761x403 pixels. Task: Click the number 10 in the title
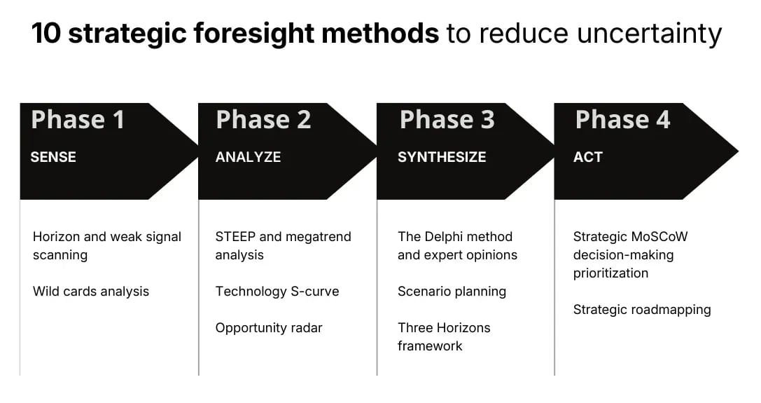pyautogui.click(x=46, y=33)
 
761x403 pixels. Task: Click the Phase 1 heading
pyautogui.click(x=78, y=120)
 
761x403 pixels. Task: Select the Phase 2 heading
pyautogui.click(x=263, y=120)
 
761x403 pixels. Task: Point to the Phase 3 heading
pyautogui.click(x=447, y=120)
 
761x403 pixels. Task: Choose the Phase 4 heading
pyautogui.click(x=622, y=120)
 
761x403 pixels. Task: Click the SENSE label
pyautogui.click(x=53, y=157)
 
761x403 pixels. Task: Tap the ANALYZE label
pyautogui.click(x=248, y=157)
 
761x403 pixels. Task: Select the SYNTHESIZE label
pyautogui.click(x=442, y=157)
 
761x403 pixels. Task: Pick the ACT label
pyautogui.click(x=587, y=157)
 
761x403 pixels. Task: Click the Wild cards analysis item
pyautogui.click(x=91, y=291)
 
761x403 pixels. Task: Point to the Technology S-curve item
pyautogui.click(x=277, y=291)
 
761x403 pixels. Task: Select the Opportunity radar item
pyautogui.click(x=269, y=327)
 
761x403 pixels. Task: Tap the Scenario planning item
pyautogui.click(x=452, y=291)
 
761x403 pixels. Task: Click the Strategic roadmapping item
pyautogui.click(x=642, y=309)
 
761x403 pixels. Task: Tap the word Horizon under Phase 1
pyautogui.click(x=57, y=237)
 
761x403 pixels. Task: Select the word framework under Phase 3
pyautogui.click(x=430, y=346)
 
